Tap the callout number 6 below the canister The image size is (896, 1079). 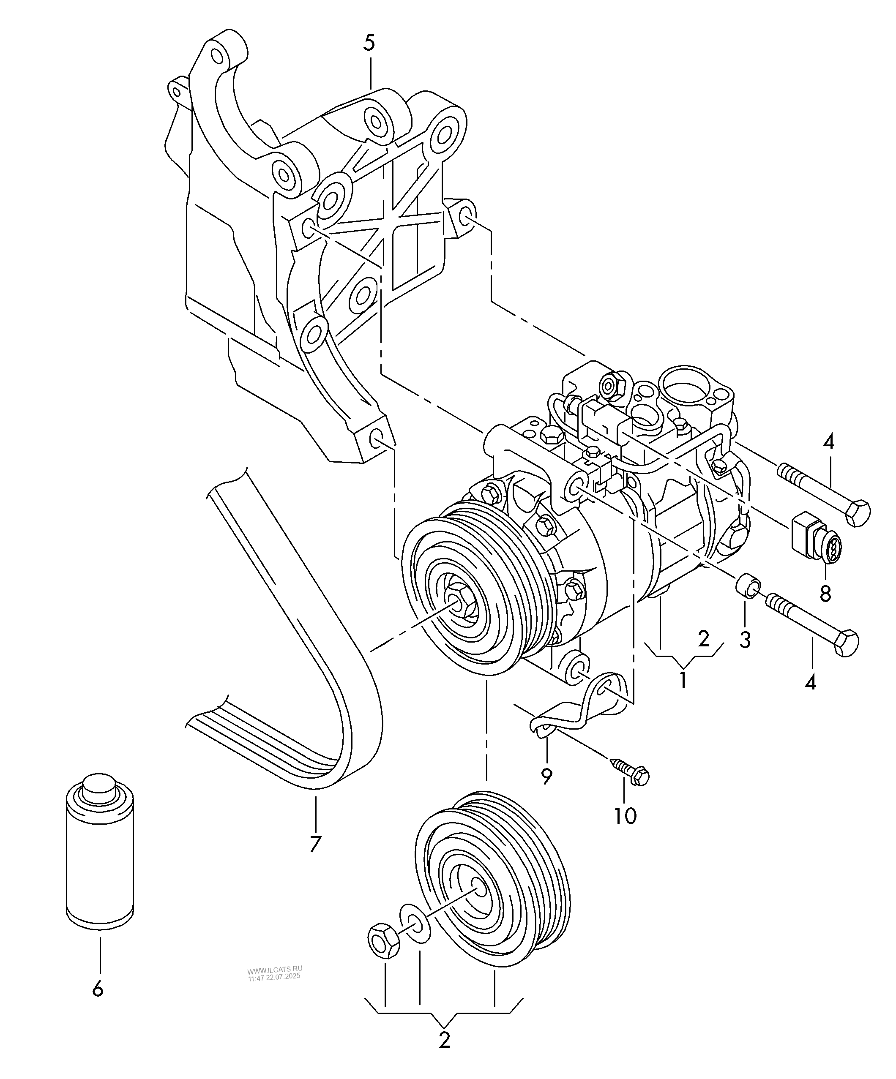pyautogui.click(x=98, y=988)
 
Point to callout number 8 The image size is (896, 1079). pyautogui.click(x=825, y=594)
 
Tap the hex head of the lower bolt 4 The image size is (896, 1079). pyautogui.click(x=846, y=642)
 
